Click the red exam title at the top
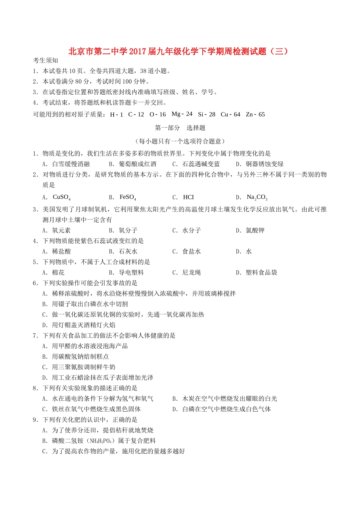[x=178, y=51]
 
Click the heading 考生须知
[x=45, y=60]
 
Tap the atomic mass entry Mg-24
[x=182, y=114]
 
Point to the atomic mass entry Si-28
[x=207, y=114]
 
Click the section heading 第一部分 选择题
[x=180, y=128]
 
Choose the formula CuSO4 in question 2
[x=61, y=197]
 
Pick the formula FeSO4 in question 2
[x=128, y=197]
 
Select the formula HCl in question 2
[x=188, y=197]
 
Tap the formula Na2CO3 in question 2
[x=257, y=197]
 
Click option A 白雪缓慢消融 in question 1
[x=71, y=164]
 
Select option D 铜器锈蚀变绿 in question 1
[x=265, y=164]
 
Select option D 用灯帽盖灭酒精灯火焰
[x=83, y=325]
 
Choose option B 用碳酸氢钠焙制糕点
[x=80, y=356]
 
